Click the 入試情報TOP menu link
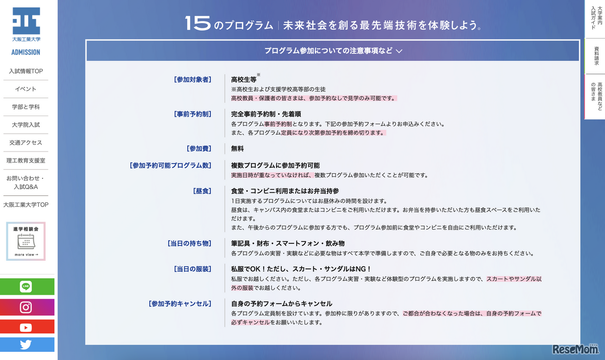[x=26, y=71]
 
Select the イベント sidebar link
[x=26, y=89]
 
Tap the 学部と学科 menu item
[x=26, y=107]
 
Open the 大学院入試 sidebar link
[x=26, y=125]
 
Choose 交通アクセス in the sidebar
[x=26, y=143]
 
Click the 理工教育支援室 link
[x=26, y=161]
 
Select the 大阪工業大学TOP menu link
[x=26, y=205]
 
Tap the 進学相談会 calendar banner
[x=26, y=241]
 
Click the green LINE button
[x=26, y=287]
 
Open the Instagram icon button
[x=26, y=308]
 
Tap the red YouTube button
[x=26, y=327]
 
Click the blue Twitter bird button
[x=26, y=345]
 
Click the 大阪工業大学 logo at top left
[x=26, y=26]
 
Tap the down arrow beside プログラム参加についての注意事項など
[x=399, y=51]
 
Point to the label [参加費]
[x=199, y=149]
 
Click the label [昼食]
[x=202, y=191]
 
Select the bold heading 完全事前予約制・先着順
[x=266, y=114]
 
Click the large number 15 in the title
[x=198, y=24]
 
